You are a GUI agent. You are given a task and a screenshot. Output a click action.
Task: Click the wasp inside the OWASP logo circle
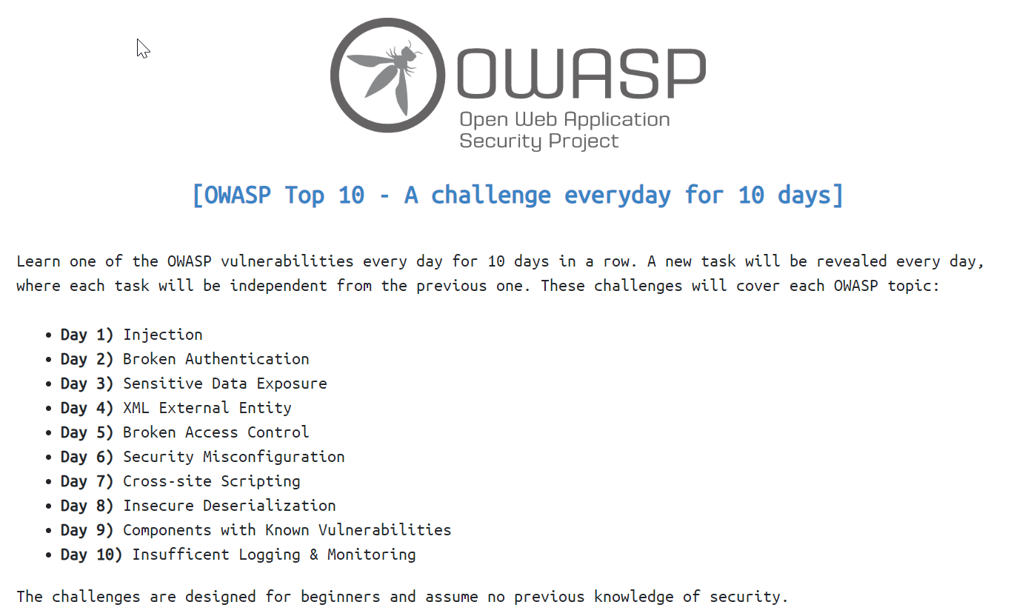[x=388, y=76]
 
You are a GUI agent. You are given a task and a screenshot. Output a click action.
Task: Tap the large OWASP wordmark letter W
[x=532, y=74]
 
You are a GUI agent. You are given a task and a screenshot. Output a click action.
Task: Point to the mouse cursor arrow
[x=143, y=49]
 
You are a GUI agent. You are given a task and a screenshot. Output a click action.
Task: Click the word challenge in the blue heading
[x=490, y=195]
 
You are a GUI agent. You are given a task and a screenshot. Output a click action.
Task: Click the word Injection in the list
[x=162, y=335]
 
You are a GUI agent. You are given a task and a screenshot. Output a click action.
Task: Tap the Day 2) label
[x=87, y=359]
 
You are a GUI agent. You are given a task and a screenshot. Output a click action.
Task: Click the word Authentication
[x=247, y=359]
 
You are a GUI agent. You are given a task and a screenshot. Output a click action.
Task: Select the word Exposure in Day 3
[x=291, y=384]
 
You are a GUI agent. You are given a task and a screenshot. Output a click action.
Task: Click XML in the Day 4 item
[x=136, y=408]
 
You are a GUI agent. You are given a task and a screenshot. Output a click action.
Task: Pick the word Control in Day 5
[x=278, y=432]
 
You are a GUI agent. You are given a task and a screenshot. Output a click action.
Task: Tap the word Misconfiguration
[x=273, y=457]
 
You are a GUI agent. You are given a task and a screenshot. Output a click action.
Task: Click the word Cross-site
[x=167, y=481]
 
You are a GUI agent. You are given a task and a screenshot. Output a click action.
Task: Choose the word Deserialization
[x=269, y=506]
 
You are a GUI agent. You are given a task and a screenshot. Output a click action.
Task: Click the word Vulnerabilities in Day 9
[x=384, y=530]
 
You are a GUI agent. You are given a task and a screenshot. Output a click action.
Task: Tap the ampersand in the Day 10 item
[x=314, y=555]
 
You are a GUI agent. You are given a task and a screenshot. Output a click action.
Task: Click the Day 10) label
[x=91, y=555]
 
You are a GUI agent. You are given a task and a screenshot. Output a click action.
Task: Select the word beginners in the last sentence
[x=340, y=597]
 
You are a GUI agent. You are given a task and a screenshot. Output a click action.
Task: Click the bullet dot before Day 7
[x=49, y=482]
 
